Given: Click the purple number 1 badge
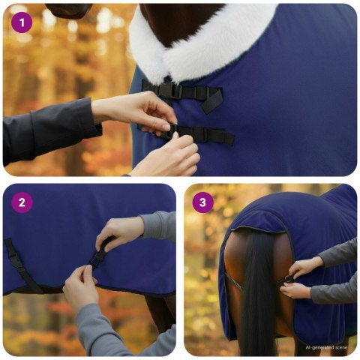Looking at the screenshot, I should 22,22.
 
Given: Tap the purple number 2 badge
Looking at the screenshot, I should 22,202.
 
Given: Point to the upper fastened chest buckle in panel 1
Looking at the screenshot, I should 176,91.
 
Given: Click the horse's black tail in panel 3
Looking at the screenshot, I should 256,300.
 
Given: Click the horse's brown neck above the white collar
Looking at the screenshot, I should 180,15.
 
